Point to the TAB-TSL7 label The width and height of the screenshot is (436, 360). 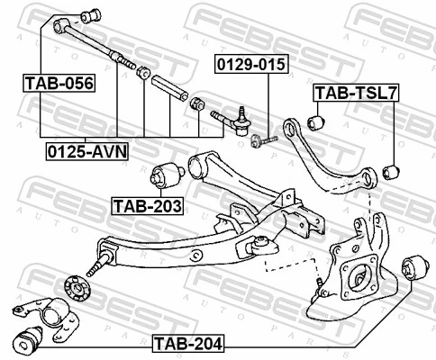tap(356, 93)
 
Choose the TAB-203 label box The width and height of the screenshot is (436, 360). tap(147, 205)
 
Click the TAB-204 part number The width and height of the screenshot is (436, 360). tap(188, 342)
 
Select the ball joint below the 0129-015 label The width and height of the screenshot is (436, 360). tap(238, 116)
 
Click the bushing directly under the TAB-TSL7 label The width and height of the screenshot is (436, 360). tap(316, 117)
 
